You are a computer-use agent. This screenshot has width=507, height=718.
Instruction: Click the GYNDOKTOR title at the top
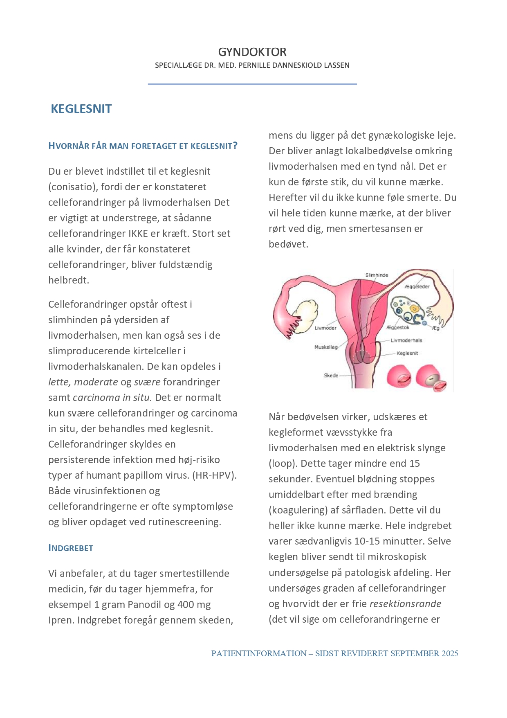[x=252, y=52]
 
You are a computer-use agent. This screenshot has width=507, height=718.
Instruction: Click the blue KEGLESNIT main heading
[x=81, y=109]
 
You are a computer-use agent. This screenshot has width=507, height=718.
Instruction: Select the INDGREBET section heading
[x=71, y=548]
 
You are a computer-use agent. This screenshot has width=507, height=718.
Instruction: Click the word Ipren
[x=61, y=620]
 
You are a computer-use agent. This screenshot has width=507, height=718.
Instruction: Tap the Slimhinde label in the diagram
[x=377, y=275]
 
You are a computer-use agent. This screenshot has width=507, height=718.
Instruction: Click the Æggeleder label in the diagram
[x=417, y=286]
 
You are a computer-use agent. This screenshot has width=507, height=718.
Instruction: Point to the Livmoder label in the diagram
[x=325, y=328]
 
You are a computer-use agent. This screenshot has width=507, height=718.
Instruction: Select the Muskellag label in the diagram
[x=326, y=347]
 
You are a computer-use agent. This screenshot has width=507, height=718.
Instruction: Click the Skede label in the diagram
[x=331, y=375]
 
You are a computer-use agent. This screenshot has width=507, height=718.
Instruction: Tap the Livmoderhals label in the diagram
[x=406, y=340]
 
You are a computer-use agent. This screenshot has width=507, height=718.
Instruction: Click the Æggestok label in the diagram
[x=398, y=327]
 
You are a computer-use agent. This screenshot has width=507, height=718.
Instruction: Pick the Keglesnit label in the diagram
[x=407, y=353]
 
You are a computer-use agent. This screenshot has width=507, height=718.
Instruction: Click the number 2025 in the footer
[x=450, y=653]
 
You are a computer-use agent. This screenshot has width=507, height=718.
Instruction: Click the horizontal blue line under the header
[x=252, y=84]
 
